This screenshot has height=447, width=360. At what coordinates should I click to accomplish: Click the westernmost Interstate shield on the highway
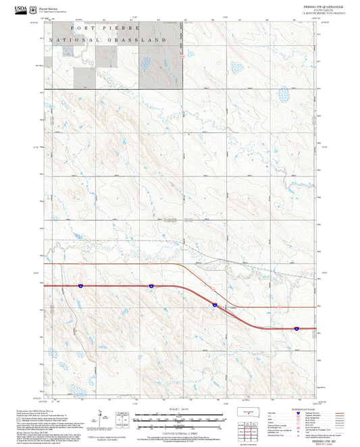click(80, 286)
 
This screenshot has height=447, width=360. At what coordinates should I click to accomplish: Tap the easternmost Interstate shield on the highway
click(296, 328)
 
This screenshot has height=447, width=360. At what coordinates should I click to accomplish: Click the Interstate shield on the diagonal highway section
click(214, 305)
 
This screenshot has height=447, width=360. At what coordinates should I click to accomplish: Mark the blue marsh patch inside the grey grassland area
click(145, 64)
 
